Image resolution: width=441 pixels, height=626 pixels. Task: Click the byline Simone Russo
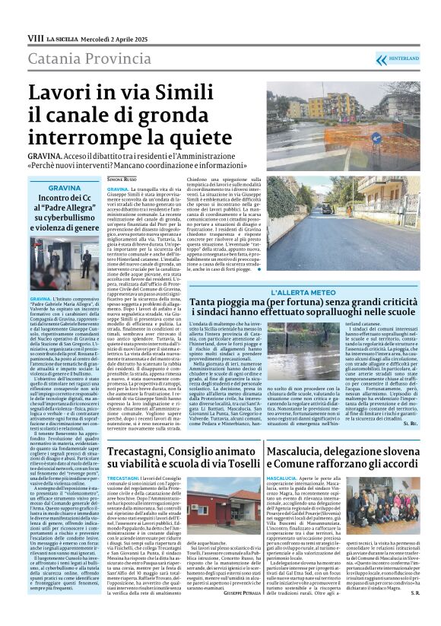[122, 178]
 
